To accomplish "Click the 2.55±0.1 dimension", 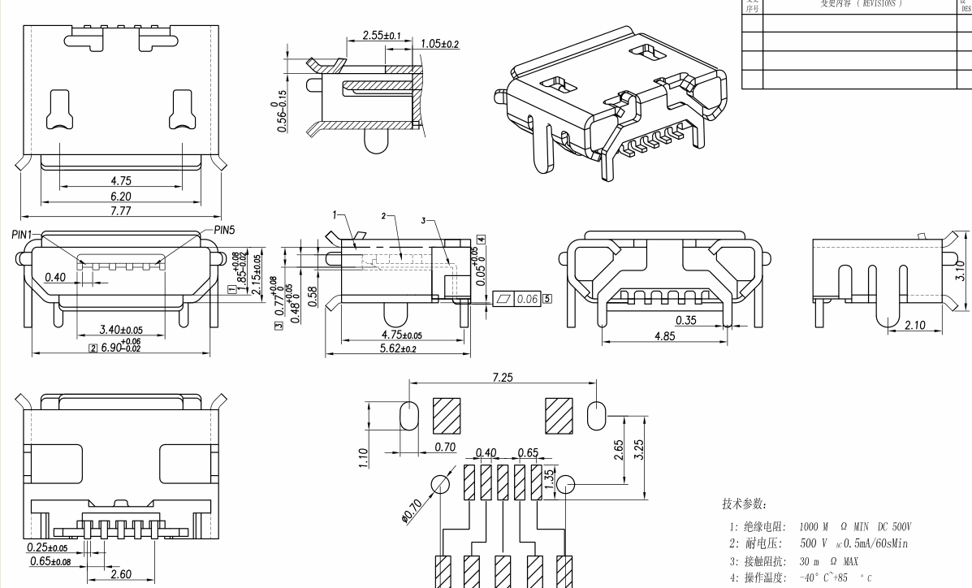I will tap(382, 37).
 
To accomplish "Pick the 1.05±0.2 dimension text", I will tap(439, 44).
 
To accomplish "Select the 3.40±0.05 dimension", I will tap(120, 330).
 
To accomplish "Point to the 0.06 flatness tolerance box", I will tap(527, 299).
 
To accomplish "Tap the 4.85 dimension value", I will tap(664, 336).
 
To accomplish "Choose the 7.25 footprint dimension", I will tap(501, 378).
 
